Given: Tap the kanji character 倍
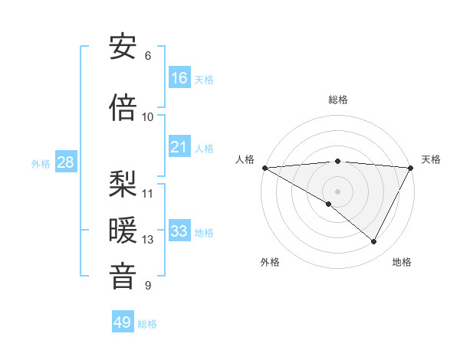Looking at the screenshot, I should coord(123,108).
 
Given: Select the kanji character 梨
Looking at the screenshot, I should coord(123,185).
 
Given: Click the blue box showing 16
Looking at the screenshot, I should coord(179,78).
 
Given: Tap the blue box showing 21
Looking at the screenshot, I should coord(179,147).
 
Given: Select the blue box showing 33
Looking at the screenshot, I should coord(179,231).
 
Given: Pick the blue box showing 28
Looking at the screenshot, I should coord(64,162).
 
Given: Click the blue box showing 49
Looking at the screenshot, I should coord(123,322).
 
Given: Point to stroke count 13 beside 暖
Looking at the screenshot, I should coord(148,240).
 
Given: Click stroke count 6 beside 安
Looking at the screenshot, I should coord(148,56).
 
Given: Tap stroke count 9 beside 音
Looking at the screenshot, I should coord(148,286).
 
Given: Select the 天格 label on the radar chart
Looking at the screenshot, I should coord(432,159).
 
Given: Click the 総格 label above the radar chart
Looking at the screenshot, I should coord(338,100).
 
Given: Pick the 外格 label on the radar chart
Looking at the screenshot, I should coord(270,262).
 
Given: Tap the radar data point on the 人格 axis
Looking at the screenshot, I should coord(264,168).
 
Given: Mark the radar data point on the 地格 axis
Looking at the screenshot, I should coord(374,241).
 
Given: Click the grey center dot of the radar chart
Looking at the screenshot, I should coord(338,191).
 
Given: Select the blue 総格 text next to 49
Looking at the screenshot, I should coord(147,324).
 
